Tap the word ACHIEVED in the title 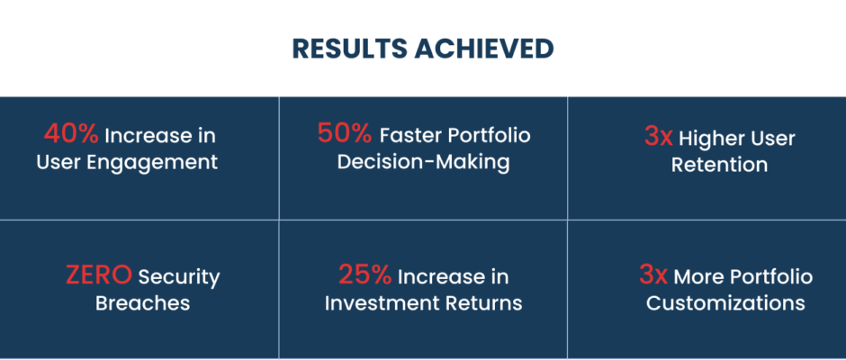point(484,49)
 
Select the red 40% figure point(71,134)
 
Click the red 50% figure point(345,133)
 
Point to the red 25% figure point(365,274)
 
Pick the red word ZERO point(99,274)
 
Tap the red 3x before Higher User point(659,137)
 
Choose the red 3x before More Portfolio point(653,274)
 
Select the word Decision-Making point(424,163)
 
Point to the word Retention point(719,165)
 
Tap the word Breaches point(142,302)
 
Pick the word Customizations point(725,302)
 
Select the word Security point(179,278)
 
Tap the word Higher point(706,139)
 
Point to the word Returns point(483,302)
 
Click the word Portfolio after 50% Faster point(490,135)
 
